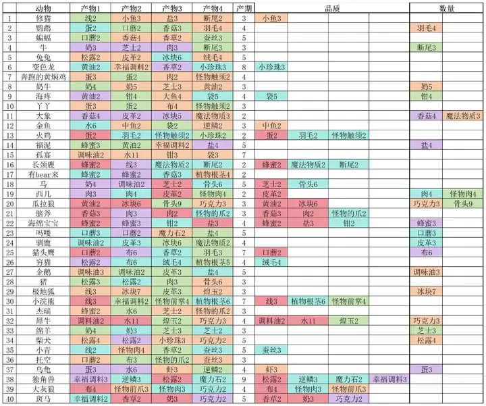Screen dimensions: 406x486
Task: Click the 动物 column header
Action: coord(43,7)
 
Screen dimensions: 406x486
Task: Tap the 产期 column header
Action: coord(244,7)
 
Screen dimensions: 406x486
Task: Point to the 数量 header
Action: coord(446,7)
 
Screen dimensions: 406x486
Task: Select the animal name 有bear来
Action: coord(43,174)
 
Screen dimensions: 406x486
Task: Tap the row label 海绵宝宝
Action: coord(43,223)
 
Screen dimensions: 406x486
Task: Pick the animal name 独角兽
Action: coord(43,379)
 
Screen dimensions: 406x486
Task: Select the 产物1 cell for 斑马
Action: coord(90,399)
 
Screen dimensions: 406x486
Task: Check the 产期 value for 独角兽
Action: coord(244,379)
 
